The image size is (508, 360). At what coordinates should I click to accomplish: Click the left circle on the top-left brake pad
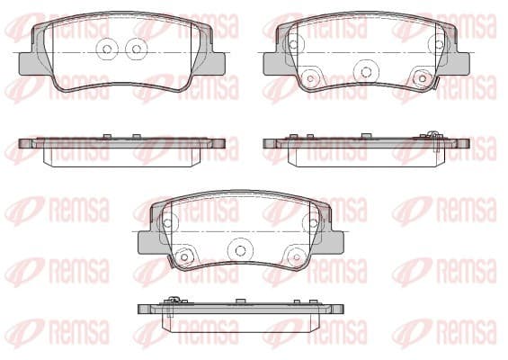107,49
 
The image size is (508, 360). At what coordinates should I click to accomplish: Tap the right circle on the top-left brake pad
137,49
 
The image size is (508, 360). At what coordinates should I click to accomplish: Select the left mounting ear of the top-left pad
26,64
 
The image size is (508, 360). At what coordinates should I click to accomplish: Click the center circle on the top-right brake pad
365,71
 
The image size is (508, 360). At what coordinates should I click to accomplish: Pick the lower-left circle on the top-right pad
310,78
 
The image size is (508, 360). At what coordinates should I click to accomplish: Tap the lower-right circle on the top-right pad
423,78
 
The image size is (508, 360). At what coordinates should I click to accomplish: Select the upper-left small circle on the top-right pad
293,44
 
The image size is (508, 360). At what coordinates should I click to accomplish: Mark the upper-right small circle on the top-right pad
439,44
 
